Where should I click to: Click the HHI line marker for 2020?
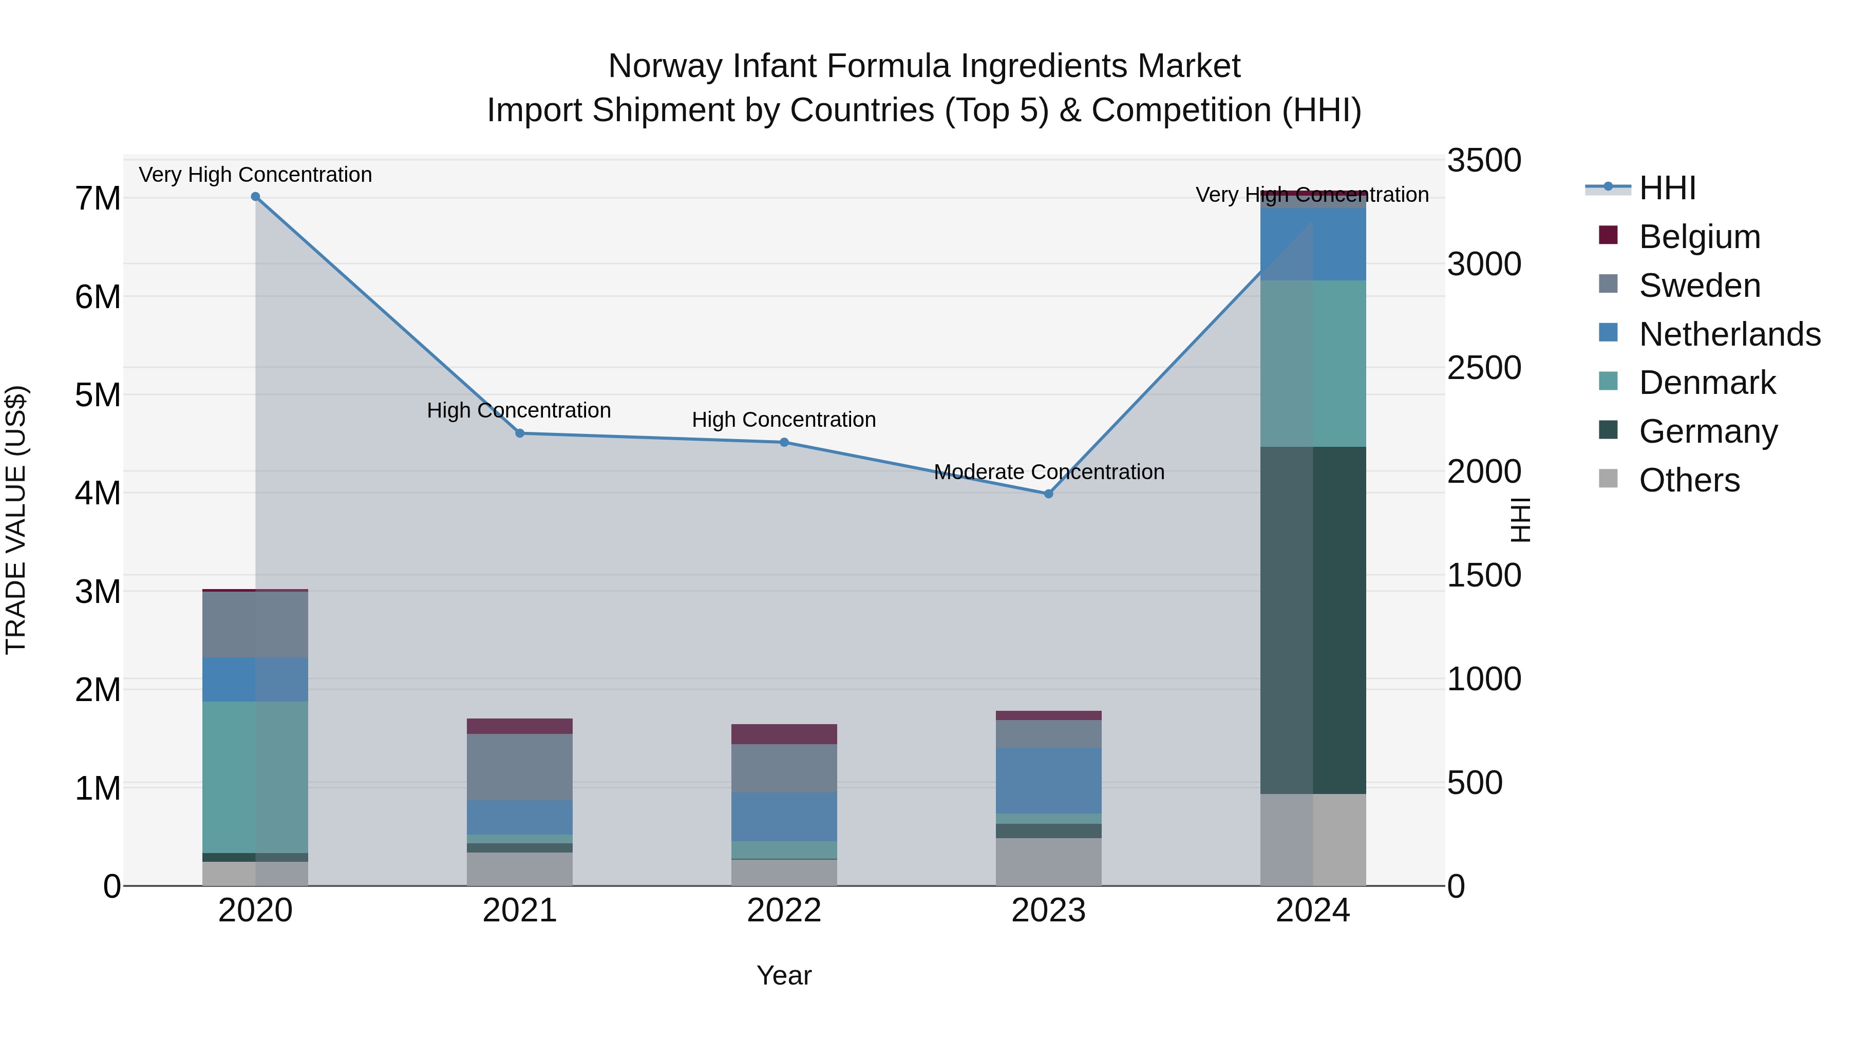[256, 197]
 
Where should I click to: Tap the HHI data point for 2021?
[520, 433]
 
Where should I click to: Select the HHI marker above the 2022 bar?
[784, 443]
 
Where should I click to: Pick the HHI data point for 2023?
[1048, 494]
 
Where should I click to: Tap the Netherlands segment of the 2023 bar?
[1048, 781]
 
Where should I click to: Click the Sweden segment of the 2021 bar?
[520, 767]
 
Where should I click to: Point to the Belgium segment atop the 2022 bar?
[784, 734]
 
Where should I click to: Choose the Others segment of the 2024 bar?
[1313, 840]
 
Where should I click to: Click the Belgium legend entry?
[1699, 237]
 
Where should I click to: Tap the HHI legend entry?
[1667, 188]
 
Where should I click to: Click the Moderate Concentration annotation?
[1049, 472]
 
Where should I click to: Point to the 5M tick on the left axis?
[98, 395]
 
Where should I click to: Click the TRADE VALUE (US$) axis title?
[16, 520]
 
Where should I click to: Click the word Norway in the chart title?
[665, 66]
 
